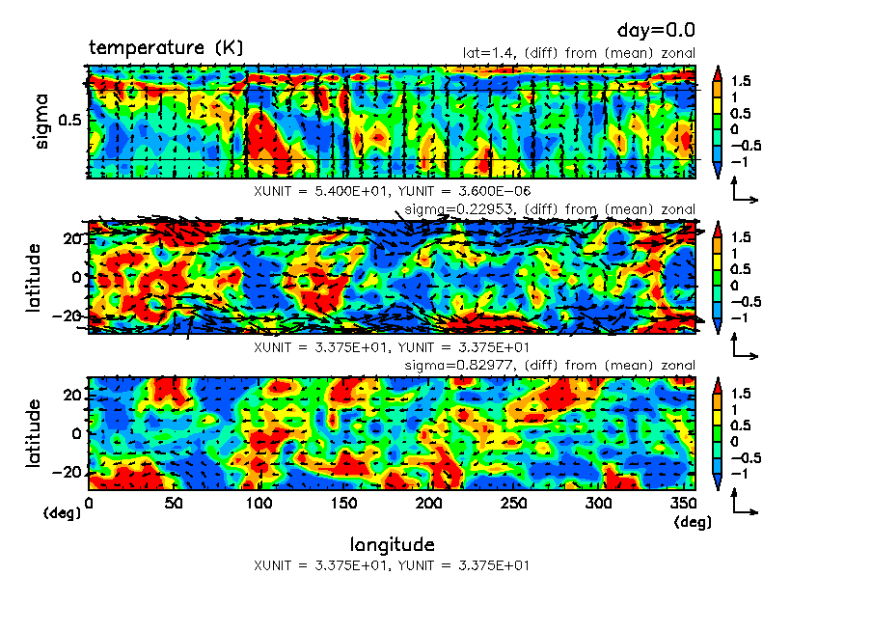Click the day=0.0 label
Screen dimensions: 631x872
coord(656,31)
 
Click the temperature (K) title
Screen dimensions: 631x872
coord(166,47)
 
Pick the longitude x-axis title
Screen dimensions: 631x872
coord(392,545)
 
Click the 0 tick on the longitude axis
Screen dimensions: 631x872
coord(89,503)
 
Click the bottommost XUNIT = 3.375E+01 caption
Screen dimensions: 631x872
coord(391,565)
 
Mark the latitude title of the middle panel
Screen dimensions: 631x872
coord(36,277)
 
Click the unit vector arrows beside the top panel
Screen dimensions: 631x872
coord(743,192)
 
